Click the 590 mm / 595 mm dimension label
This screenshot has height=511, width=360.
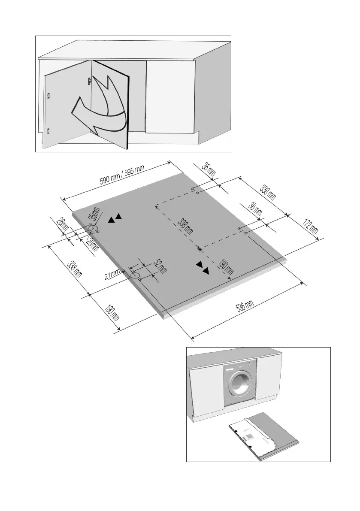tap(122, 176)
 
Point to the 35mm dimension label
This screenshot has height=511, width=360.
tap(94, 214)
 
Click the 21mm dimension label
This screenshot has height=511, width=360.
tap(113, 273)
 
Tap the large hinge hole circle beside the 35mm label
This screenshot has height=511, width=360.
tap(93, 228)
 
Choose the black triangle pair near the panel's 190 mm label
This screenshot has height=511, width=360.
tap(203, 267)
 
